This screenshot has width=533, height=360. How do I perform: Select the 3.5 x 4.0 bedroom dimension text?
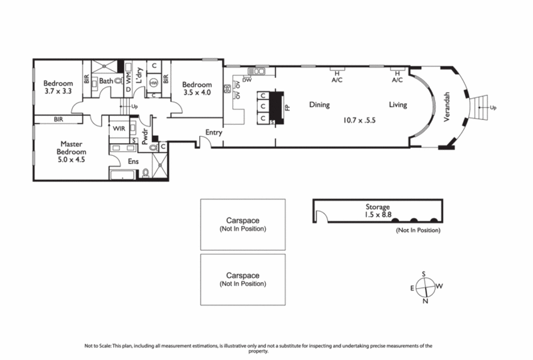tap(197, 93)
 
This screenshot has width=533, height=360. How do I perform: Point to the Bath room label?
tap(107, 82)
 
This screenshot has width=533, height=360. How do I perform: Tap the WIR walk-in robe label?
tap(120, 127)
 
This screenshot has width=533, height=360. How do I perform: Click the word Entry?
tap(214, 132)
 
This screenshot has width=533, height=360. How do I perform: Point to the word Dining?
tap(320, 105)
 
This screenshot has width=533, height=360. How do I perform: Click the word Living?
tap(398, 105)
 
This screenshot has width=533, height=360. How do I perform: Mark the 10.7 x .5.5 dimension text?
tap(360, 121)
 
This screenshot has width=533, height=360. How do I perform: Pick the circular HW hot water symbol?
tap(153, 83)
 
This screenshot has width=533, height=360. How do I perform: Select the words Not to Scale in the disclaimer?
tap(99, 345)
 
